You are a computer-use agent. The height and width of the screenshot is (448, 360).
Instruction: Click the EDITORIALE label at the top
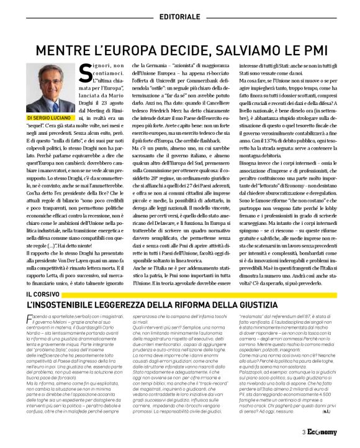(179, 15)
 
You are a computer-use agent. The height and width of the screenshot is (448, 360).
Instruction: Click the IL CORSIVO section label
(42, 292)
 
